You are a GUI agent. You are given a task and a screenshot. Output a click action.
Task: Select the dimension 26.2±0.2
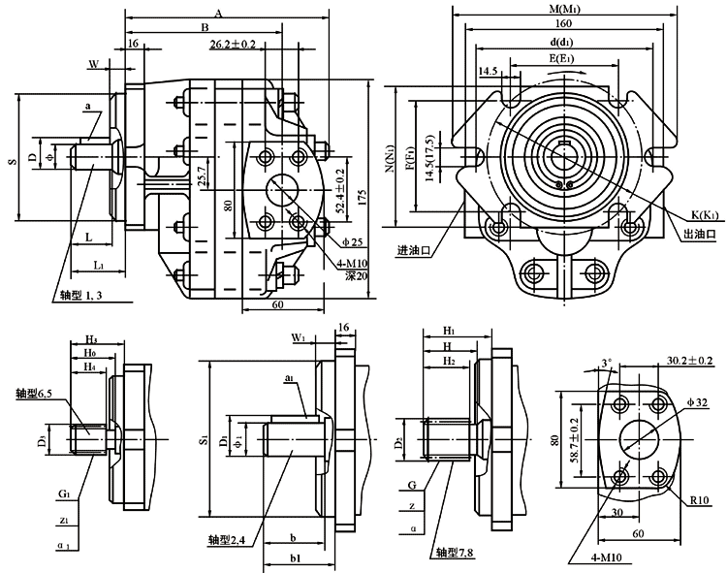click(233, 45)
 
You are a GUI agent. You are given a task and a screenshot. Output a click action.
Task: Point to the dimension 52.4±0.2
click(339, 190)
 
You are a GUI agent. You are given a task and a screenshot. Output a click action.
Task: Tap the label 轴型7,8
click(454, 554)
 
